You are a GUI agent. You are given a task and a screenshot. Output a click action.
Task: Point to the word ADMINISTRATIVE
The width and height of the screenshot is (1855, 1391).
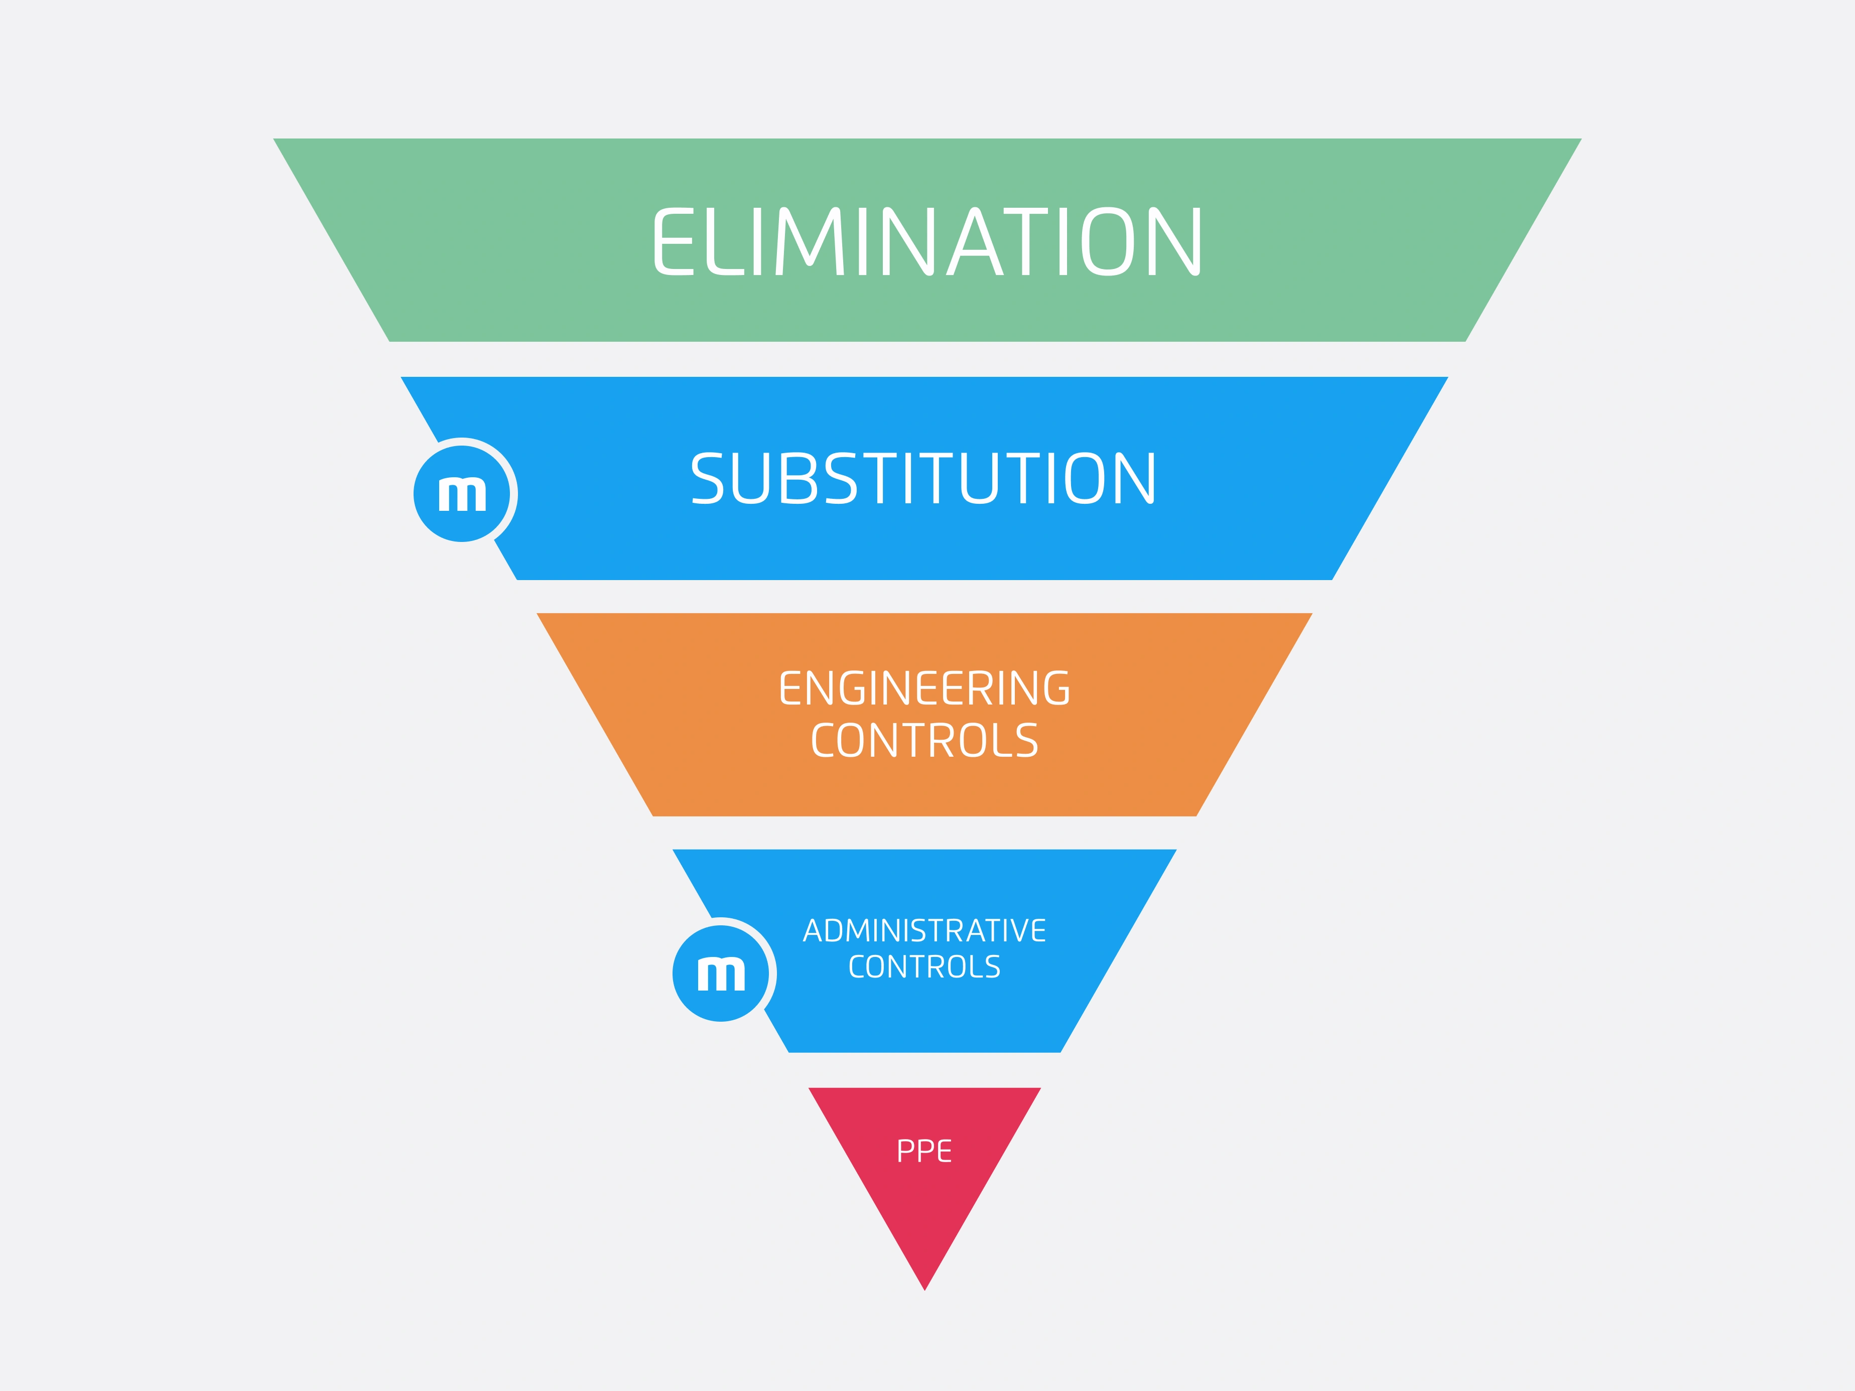[924, 931]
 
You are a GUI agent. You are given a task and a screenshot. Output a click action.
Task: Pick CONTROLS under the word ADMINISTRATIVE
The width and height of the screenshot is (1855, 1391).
[924, 967]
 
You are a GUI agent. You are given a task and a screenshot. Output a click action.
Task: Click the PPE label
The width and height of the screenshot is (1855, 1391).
[924, 1151]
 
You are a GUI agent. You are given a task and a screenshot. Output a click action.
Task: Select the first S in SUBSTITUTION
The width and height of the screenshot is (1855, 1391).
[707, 479]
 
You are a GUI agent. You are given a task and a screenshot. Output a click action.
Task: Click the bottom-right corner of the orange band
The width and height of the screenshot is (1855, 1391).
[1195, 814]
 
